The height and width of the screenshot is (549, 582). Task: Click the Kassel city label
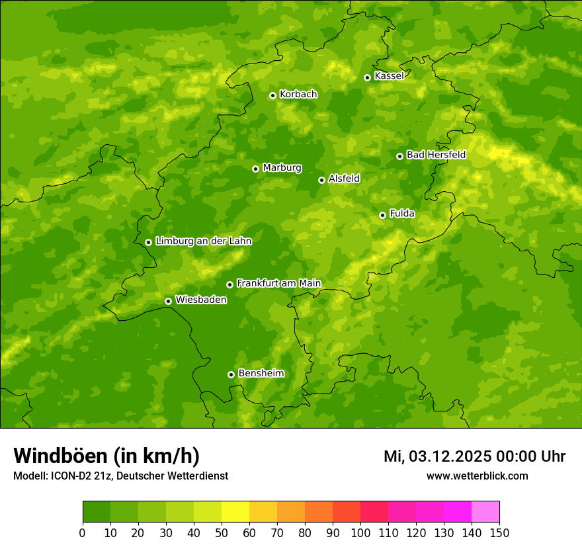(x=389, y=76)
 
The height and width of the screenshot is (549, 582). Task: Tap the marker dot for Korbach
(x=272, y=95)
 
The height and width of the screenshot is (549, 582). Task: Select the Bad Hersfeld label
(x=436, y=155)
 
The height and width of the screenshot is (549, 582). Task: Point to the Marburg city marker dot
(x=255, y=169)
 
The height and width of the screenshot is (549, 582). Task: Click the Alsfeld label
(x=344, y=179)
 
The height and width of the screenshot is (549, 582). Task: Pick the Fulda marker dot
(x=382, y=215)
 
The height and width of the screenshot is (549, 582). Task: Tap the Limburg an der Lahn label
(x=203, y=241)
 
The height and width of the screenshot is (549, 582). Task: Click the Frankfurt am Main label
(x=278, y=283)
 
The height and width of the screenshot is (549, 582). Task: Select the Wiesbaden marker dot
(x=168, y=301)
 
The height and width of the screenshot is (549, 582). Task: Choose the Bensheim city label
(x=261, y=373)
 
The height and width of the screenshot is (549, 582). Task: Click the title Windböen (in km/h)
(x=106, y=456)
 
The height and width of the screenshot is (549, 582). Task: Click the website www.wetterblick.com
(x=477, y=476)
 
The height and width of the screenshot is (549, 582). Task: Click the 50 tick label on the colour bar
(x=222, y=533)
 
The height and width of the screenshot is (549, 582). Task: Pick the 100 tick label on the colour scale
(x=360, y=533)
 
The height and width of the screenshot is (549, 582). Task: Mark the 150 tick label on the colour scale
(x=499, y=533)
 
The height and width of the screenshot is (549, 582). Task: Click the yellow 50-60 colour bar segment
(x=235, y=512)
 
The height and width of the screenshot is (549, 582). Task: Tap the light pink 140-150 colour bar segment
(x=485, y=512)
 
